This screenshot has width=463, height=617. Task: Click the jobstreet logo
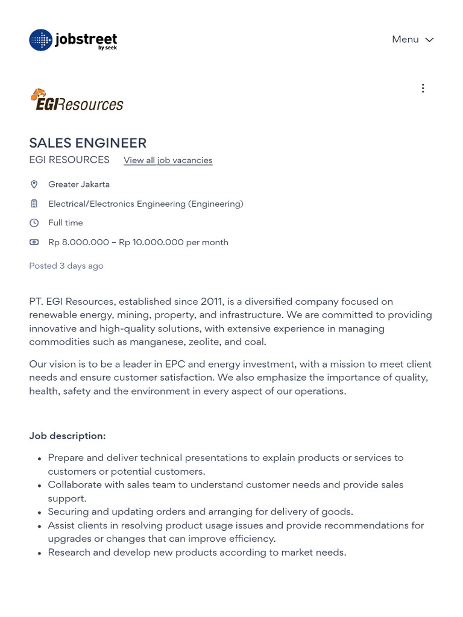coord(73,40)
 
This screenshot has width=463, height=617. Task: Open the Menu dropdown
coord(412,40)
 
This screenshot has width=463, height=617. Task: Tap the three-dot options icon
coord(423,89)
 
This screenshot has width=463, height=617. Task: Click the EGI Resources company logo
coord(77,100)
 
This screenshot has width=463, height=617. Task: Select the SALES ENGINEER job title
coord(88,143)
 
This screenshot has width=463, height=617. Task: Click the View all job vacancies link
coord(168,160)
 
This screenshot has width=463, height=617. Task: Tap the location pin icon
coord(34,184)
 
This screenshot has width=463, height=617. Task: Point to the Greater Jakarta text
coord(79,184)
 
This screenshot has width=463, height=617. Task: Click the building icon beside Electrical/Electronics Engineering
coord(34,204)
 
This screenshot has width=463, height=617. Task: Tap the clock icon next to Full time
coord(34,223)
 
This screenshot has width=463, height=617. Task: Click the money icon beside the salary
coord(34,242)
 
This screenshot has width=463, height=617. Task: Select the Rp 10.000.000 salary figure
coord(151,242)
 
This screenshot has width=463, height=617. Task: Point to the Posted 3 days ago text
coord(66,266)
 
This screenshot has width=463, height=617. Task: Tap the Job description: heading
coord(68,436)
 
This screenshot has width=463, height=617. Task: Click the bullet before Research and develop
coord(39,553)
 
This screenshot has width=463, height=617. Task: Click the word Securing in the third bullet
coord(68,512)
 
